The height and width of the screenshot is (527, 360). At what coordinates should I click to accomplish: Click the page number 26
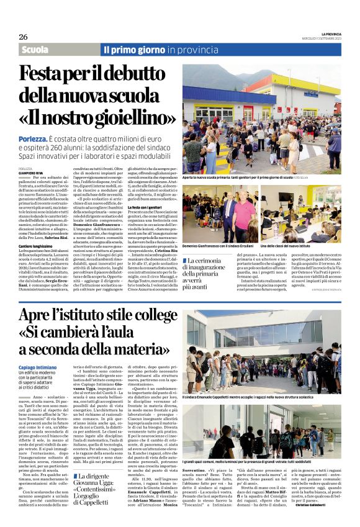tap(23, 37)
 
